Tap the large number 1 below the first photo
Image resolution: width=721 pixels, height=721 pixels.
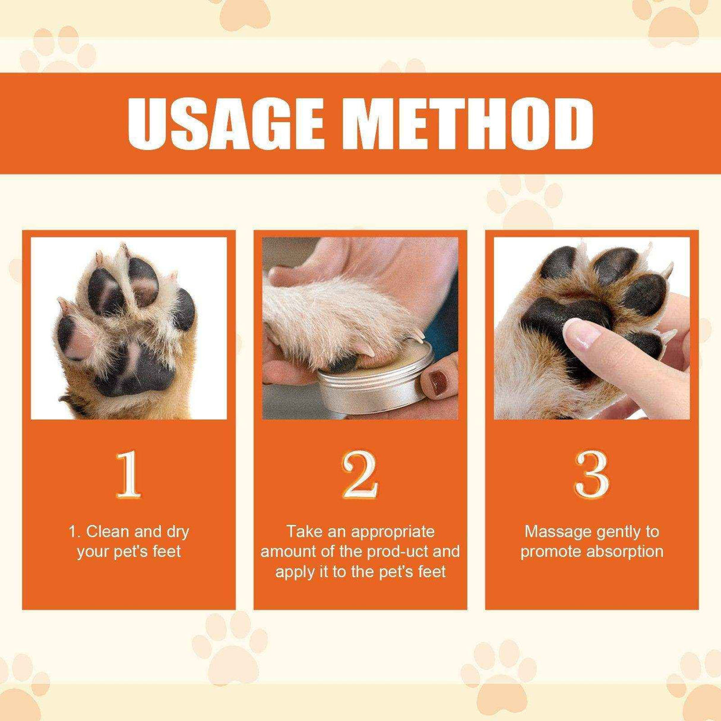coord(128,475)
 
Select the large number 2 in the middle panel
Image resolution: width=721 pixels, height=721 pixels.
coord(360,475)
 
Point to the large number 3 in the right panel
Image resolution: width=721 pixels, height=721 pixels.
coord(592,475)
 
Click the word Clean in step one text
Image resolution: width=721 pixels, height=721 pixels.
coord(108,531)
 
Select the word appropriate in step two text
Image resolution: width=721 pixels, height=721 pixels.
coord(393,531)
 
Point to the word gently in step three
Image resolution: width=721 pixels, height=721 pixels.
coord(616,531)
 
